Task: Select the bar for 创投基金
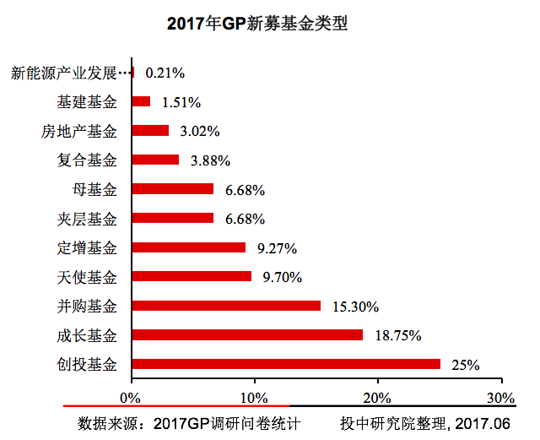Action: click(286, 364)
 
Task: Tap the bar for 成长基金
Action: click(247, 334)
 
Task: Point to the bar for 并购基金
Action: click(226, 306)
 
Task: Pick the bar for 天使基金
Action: click(192, 276)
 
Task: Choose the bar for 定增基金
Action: click(189, 247)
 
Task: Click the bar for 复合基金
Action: click(155, 160)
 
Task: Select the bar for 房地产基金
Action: click(150, 131)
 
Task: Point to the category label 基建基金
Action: click(87, 102)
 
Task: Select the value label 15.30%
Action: click(354, 306)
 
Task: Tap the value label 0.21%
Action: click(165, 73)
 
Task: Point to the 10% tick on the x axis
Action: click(254, 397)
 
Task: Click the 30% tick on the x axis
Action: click(501, 397)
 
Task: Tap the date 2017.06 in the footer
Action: click(488, 421)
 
